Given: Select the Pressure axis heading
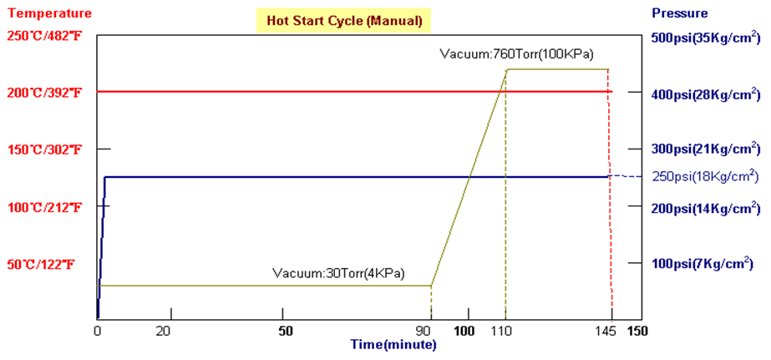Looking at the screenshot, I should tap(681, 13).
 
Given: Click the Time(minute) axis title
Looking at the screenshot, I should tap(392, 343).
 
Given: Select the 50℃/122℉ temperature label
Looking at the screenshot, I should tap(42, 264).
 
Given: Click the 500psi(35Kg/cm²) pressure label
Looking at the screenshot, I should tap(705, 37).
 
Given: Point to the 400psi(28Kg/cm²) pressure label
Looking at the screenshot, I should tap(705, 93).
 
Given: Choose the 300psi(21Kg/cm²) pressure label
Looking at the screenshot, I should tap(705, 149).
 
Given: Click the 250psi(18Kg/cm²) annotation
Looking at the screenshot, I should tap(704, 176).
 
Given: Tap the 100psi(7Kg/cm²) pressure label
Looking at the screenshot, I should tap(702, 264).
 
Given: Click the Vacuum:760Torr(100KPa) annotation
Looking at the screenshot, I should tap(516, 55).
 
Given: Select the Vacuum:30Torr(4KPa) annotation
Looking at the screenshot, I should tap(338, 273).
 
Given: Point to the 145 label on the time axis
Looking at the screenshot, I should tap(611, 331).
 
